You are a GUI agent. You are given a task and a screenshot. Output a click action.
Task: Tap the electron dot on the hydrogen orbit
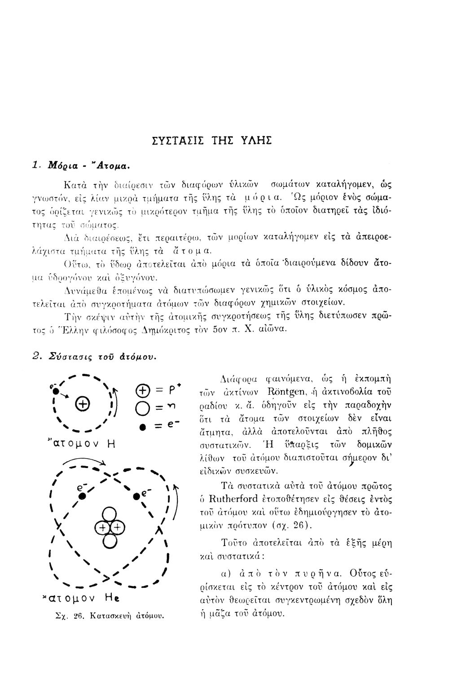click(56, 391)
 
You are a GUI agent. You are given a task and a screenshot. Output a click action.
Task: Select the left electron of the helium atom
click(83, 496)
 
